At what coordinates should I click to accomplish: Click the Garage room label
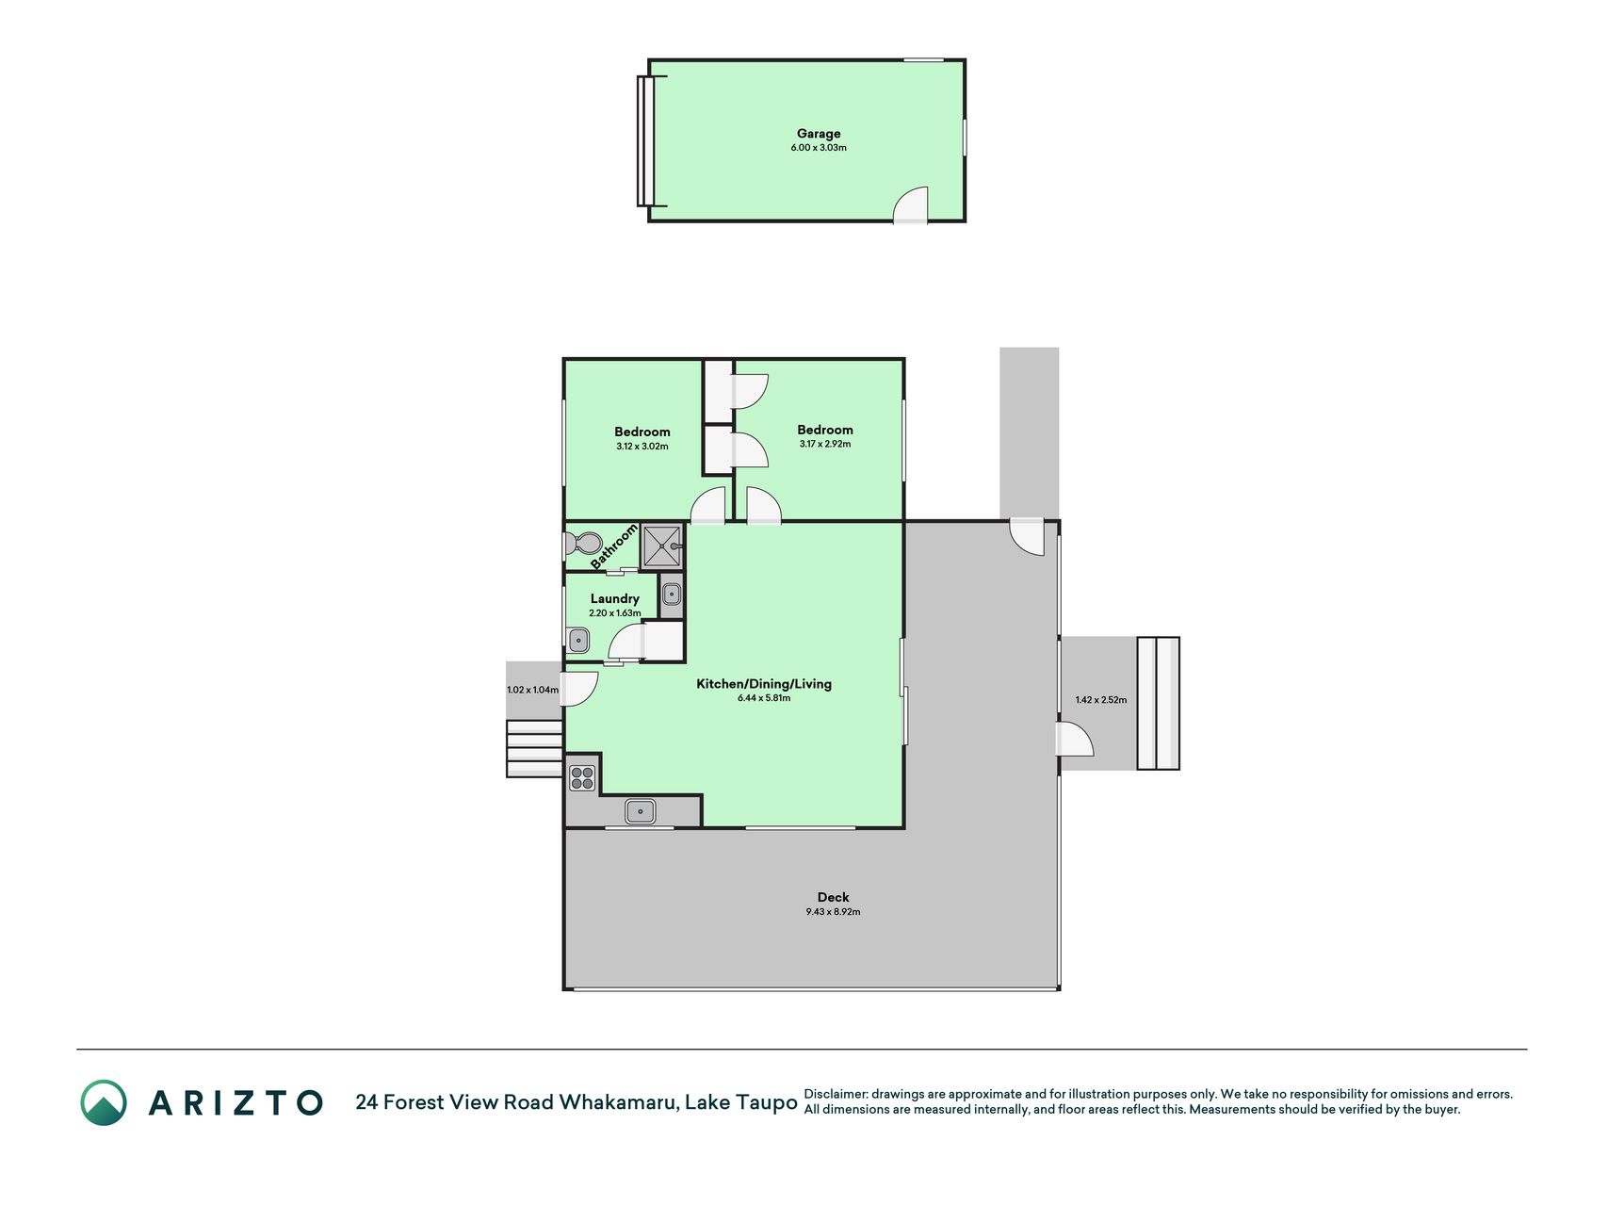click(x=818, y=134)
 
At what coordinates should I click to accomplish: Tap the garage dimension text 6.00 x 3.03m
click(x=818, y=148)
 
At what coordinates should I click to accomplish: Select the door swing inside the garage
click(x=911, y=204)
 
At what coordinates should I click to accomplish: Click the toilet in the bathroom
click(x=583, y=544)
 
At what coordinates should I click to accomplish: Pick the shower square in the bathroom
click(x=662, y=546)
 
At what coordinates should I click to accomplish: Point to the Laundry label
click(x=614, y=599)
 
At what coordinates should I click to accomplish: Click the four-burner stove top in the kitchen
click(x=582, y=777)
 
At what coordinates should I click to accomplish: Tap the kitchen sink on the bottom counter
click(x=641, y=810)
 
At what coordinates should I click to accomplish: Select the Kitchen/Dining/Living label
click(x=764, y=684)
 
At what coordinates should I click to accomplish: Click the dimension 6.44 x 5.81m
click(x=764, y=698)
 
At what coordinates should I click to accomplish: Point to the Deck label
click(x=833, y=898)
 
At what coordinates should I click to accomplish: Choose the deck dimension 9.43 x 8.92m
click(x=833, y=912)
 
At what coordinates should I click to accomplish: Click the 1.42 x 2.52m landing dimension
click(x=1100, y=700)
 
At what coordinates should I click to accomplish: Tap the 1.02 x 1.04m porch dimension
click(x=532, y=690)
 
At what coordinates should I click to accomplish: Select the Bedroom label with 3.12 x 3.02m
click(x=642, y=432)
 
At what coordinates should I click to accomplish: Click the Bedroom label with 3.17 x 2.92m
click(x=825, y=430)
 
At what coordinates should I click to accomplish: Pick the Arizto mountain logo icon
click(x=104, y=1102)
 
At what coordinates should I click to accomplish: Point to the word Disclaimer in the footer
click(x=835, y=1095)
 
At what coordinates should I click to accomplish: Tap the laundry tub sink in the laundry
click(x=578, y=641)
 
